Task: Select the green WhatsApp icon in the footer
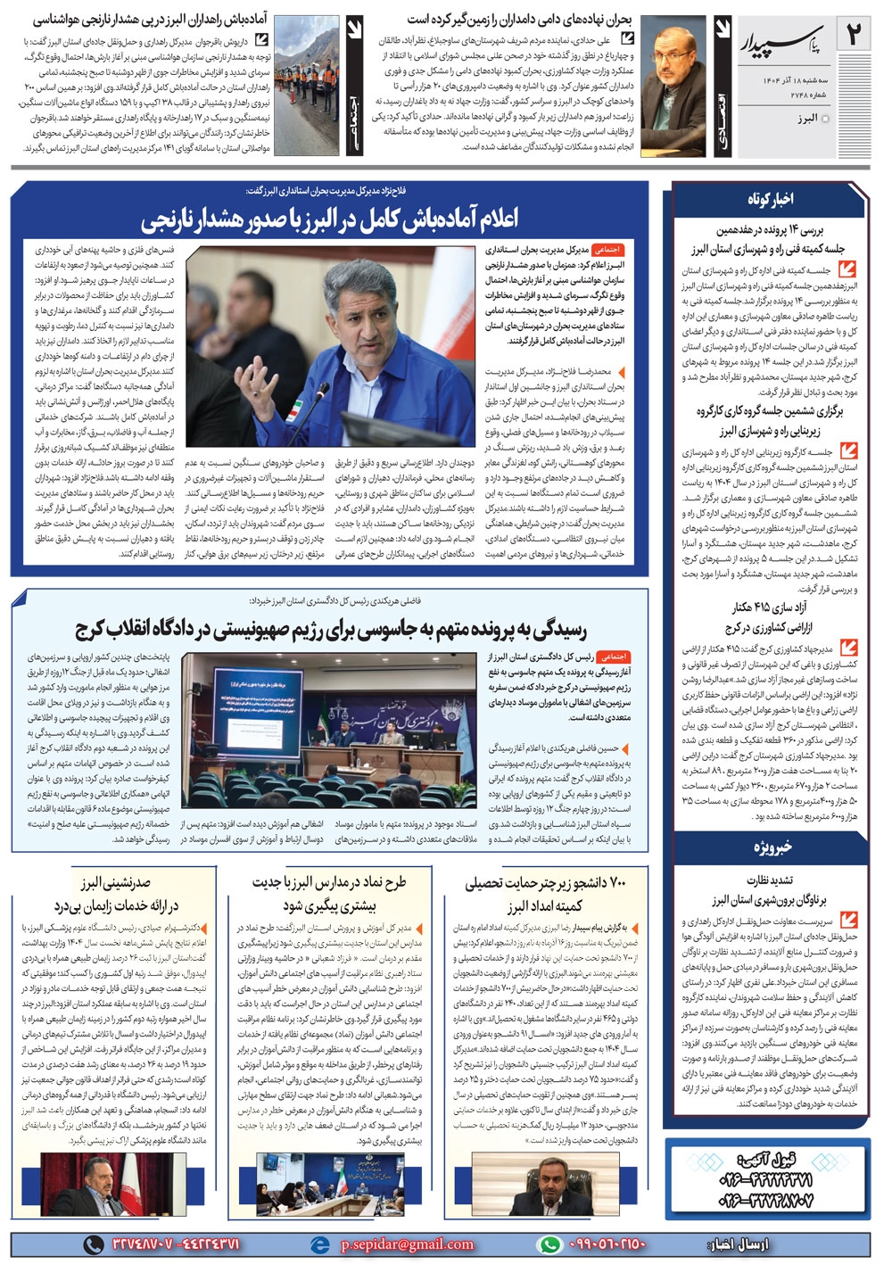tap(551, 1243)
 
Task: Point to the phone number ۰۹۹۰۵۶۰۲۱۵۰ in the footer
tap(606, 1243)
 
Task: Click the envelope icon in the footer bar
tap(318, 1243)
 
